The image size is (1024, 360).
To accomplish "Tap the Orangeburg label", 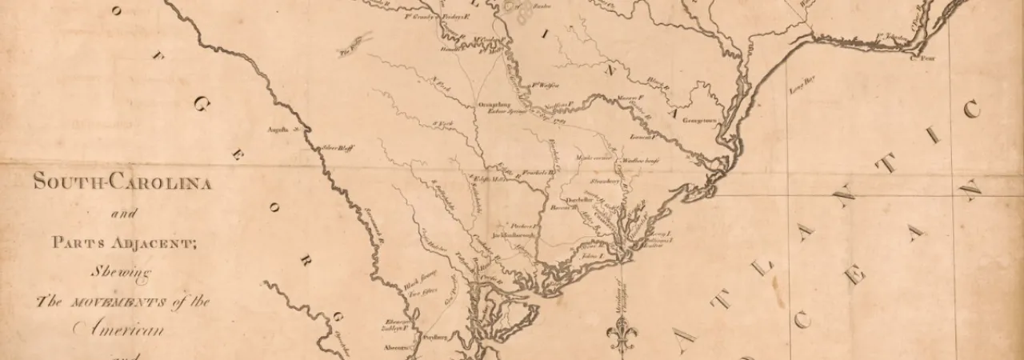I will [x=494, y=104].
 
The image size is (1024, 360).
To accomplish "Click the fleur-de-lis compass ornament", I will [x=622, y=334].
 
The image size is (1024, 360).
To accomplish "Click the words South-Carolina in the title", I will [x=122, y=182].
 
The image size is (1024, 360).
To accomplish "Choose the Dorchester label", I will [x=578, y=200].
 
